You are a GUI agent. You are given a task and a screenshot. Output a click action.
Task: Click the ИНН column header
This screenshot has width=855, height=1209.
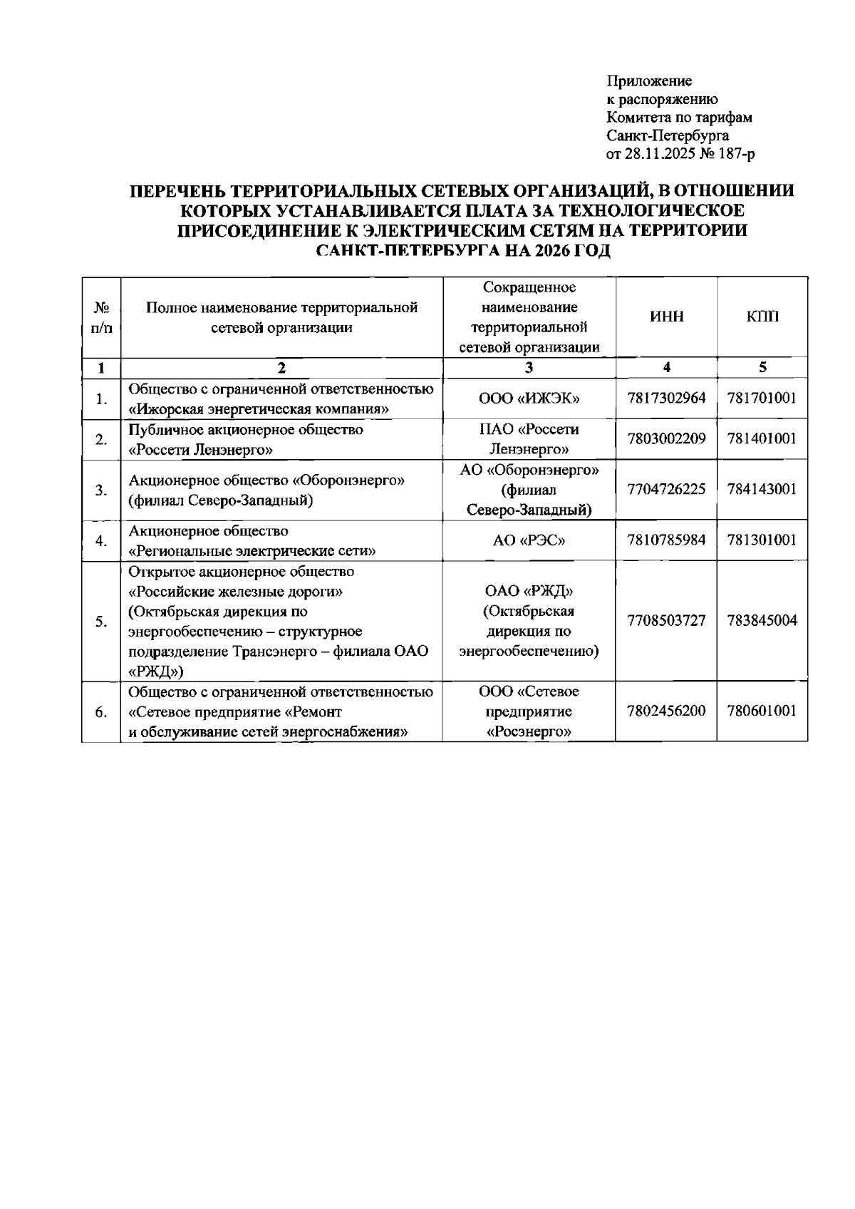tap(666, 317)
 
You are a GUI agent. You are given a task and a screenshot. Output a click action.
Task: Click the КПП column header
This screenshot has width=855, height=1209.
tap(762, 317)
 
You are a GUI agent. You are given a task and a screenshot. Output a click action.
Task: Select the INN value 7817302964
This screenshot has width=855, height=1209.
tap(666, 398)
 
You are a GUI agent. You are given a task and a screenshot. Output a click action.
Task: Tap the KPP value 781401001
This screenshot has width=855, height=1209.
tap(762, 438)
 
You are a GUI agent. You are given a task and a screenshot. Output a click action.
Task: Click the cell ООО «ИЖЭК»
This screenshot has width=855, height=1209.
tap(529, 398)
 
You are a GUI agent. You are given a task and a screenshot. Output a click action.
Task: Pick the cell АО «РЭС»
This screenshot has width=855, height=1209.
tap(529, 541)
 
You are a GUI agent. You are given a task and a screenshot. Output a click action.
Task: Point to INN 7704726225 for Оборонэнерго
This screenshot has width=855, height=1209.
tap(666, 490)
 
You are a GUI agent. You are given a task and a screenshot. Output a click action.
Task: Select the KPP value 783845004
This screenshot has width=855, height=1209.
tap(762, 620)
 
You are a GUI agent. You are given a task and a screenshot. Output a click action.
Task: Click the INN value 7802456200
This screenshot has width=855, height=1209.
tap(666, 711)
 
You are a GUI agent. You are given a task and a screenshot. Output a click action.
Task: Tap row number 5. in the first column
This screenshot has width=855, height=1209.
tap(101, 622)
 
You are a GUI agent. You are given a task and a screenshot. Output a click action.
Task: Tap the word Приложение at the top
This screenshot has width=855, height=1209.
tap(649, 81)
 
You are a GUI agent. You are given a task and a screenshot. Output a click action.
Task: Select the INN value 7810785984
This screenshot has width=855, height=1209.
tap(666, 540)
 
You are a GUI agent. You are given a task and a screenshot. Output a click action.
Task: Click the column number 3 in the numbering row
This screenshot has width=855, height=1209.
tap(529, 368)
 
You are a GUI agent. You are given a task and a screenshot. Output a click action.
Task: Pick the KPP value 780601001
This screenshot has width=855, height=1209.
tap(762, 711)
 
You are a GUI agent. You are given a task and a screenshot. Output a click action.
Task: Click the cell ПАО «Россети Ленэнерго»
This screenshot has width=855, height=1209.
tap(529, 439)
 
